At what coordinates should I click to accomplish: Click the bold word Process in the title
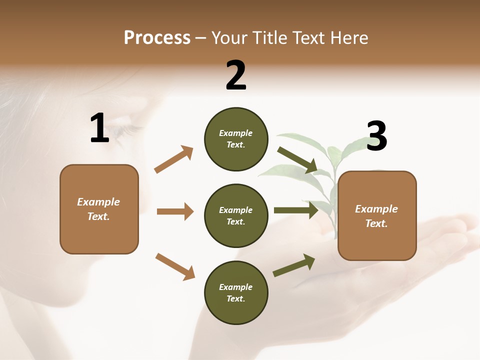157,38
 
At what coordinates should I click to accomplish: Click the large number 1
99,128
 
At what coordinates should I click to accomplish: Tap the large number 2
236,75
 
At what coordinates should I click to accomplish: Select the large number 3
376,136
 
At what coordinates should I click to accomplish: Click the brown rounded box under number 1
99,209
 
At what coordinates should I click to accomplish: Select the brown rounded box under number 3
377,215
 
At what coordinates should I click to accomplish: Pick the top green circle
236,139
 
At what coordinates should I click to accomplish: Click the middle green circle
236,215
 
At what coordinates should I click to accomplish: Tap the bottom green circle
236,292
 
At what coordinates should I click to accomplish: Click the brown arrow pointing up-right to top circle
174,159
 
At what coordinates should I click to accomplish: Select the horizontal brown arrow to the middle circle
175,211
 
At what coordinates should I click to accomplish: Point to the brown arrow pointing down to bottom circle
175,266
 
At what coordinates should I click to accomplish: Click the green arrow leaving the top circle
297,159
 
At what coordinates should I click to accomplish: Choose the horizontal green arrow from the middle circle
296,210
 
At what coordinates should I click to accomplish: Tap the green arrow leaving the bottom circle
294,265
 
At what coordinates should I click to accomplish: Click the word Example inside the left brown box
98,202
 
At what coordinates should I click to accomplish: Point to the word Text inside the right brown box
376,223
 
